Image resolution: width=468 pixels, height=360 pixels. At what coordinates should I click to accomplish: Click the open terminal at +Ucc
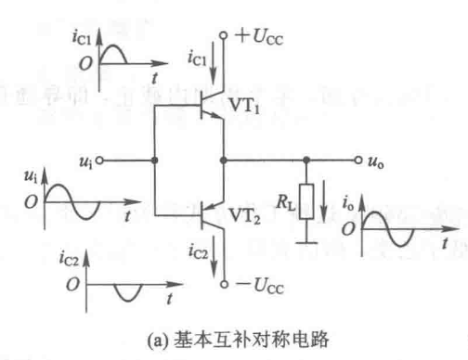coord(223,37)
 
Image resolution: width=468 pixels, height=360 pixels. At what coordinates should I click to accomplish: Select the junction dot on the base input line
coord(153,160)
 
